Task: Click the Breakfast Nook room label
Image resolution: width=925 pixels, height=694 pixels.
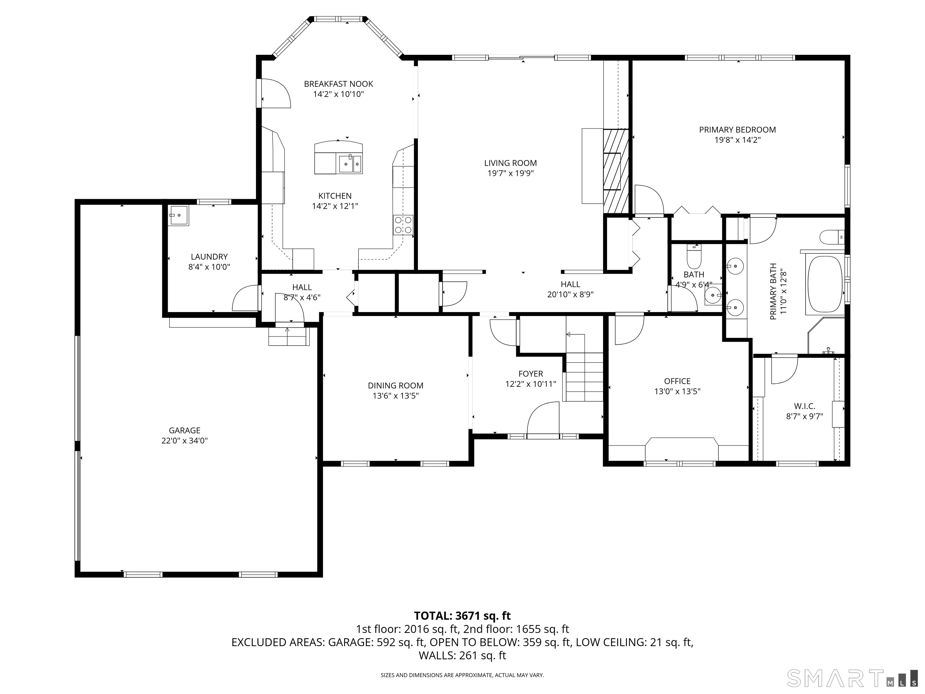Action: point(338,84)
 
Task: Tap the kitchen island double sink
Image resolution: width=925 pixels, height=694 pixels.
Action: point(350,164)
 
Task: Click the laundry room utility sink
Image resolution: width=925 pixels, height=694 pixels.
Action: point(179,215)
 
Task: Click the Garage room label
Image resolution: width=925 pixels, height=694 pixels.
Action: point(184,430)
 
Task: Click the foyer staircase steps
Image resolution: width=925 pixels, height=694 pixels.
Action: point(584,377)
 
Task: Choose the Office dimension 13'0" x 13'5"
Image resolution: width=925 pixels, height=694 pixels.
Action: point(677,392)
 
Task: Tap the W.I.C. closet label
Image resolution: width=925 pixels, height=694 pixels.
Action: point(804,406)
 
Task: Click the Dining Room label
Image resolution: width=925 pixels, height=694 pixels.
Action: point(395,386)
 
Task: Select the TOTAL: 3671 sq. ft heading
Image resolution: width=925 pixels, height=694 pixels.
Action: point(462,616)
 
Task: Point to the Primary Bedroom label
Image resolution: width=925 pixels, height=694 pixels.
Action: point(737,130)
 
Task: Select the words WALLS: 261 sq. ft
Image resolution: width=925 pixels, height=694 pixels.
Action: point(462,655)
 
